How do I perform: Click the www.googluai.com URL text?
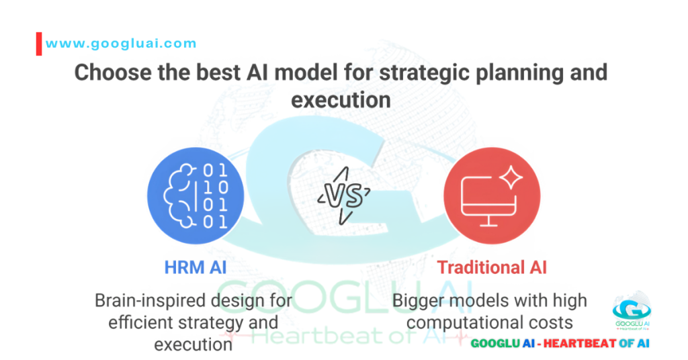tap(121, 44)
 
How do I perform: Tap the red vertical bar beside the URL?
tap(38, 43)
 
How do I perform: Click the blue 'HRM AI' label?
tap(195, 267)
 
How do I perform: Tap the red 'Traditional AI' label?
tap(492, 267)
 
